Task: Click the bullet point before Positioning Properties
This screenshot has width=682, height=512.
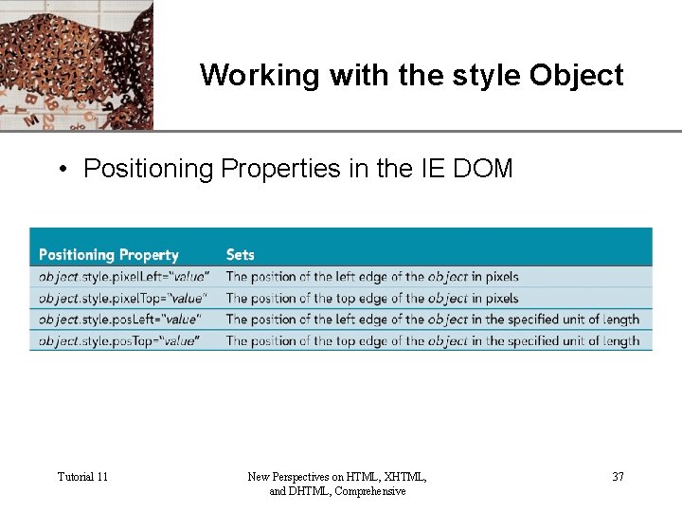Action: (x=62, y=170)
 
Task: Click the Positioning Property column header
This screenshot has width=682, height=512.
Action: (x=108, y=254)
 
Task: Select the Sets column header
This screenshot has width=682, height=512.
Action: (x=241, y=254)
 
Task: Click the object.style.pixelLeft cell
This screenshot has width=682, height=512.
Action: (x=124, y=277)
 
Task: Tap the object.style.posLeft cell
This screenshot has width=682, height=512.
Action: (x=120, y=320)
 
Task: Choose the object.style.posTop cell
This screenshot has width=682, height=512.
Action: (x=119, y=340)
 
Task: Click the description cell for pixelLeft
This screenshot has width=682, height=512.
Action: (x=372, y=277)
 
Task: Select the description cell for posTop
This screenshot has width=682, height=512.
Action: (x=432, y=340)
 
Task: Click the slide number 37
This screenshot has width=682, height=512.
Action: (x=618, y=476)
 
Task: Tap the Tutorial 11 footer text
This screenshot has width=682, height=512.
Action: (x=82, y=476)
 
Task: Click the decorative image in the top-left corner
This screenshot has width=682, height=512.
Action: (x=76, y=64)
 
